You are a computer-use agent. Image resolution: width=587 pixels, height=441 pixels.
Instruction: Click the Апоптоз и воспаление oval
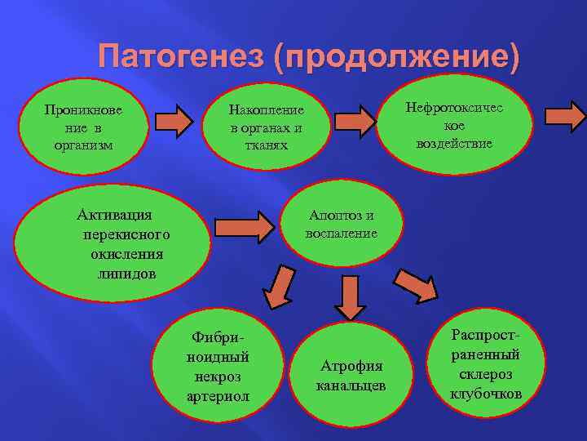tap(341, 224)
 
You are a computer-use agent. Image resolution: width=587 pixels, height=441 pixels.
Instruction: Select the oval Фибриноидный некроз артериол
tap(218, 367)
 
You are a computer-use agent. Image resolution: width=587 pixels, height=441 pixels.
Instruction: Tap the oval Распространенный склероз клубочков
tap(485, 363)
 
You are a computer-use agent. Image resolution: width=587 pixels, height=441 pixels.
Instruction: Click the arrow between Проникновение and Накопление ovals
tap(174, 121)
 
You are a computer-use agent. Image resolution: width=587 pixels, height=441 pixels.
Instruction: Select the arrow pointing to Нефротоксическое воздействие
tap(355, 121)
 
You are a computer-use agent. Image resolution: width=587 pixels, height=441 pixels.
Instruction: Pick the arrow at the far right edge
tap(565, 116)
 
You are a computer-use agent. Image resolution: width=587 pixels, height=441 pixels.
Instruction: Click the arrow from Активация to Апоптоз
tap(245, 227)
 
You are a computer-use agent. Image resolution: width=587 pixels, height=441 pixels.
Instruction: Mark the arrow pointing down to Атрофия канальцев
tap(350, 296)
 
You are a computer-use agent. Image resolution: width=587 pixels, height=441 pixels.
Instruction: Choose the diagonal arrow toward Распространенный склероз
tap(417, 287)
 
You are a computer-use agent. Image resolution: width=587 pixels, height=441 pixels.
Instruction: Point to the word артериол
tap(218, 396)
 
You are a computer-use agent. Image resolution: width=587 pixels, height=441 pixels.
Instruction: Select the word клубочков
tap(485, 394)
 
